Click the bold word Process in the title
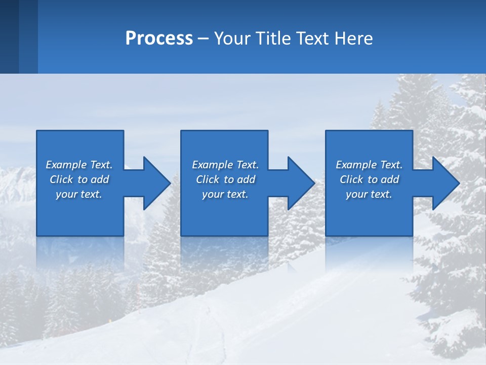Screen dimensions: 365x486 (x=159, y=39)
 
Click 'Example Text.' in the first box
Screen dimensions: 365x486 (x=79, y=165)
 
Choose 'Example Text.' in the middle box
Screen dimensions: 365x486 (x=225, y=165)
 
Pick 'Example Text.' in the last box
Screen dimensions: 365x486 (x=369, y=165)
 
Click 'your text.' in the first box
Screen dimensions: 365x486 (x=79, y=194)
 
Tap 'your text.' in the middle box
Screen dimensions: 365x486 (x=225, y=194)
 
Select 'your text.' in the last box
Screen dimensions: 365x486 (x=369, y=194)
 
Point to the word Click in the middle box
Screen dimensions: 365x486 (x=208, y=179)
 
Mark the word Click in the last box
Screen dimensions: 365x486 (x=352, y=179)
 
